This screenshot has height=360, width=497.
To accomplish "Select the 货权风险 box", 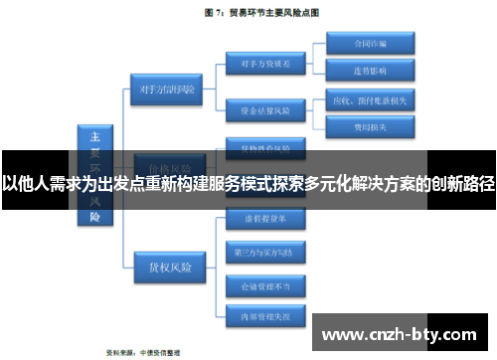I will pos(167,239).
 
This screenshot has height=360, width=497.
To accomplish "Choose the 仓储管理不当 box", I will pos(257,285).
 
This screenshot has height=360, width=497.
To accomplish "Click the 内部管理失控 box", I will pos(257,317).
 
